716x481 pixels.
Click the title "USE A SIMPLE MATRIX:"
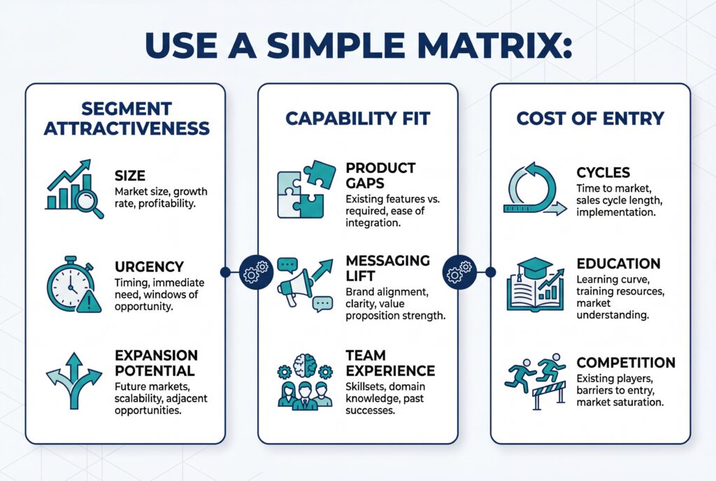pos(358,43)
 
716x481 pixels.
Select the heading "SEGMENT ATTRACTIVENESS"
pos(125,118)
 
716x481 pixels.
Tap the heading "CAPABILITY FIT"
pos(357,118)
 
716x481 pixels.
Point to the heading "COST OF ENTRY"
pos(589,118)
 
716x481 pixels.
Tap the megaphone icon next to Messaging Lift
pos(305,284)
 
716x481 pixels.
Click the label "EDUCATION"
pos(618,264)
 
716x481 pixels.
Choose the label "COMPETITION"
pos(626,363)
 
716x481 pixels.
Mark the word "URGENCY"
pos(148,267)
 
